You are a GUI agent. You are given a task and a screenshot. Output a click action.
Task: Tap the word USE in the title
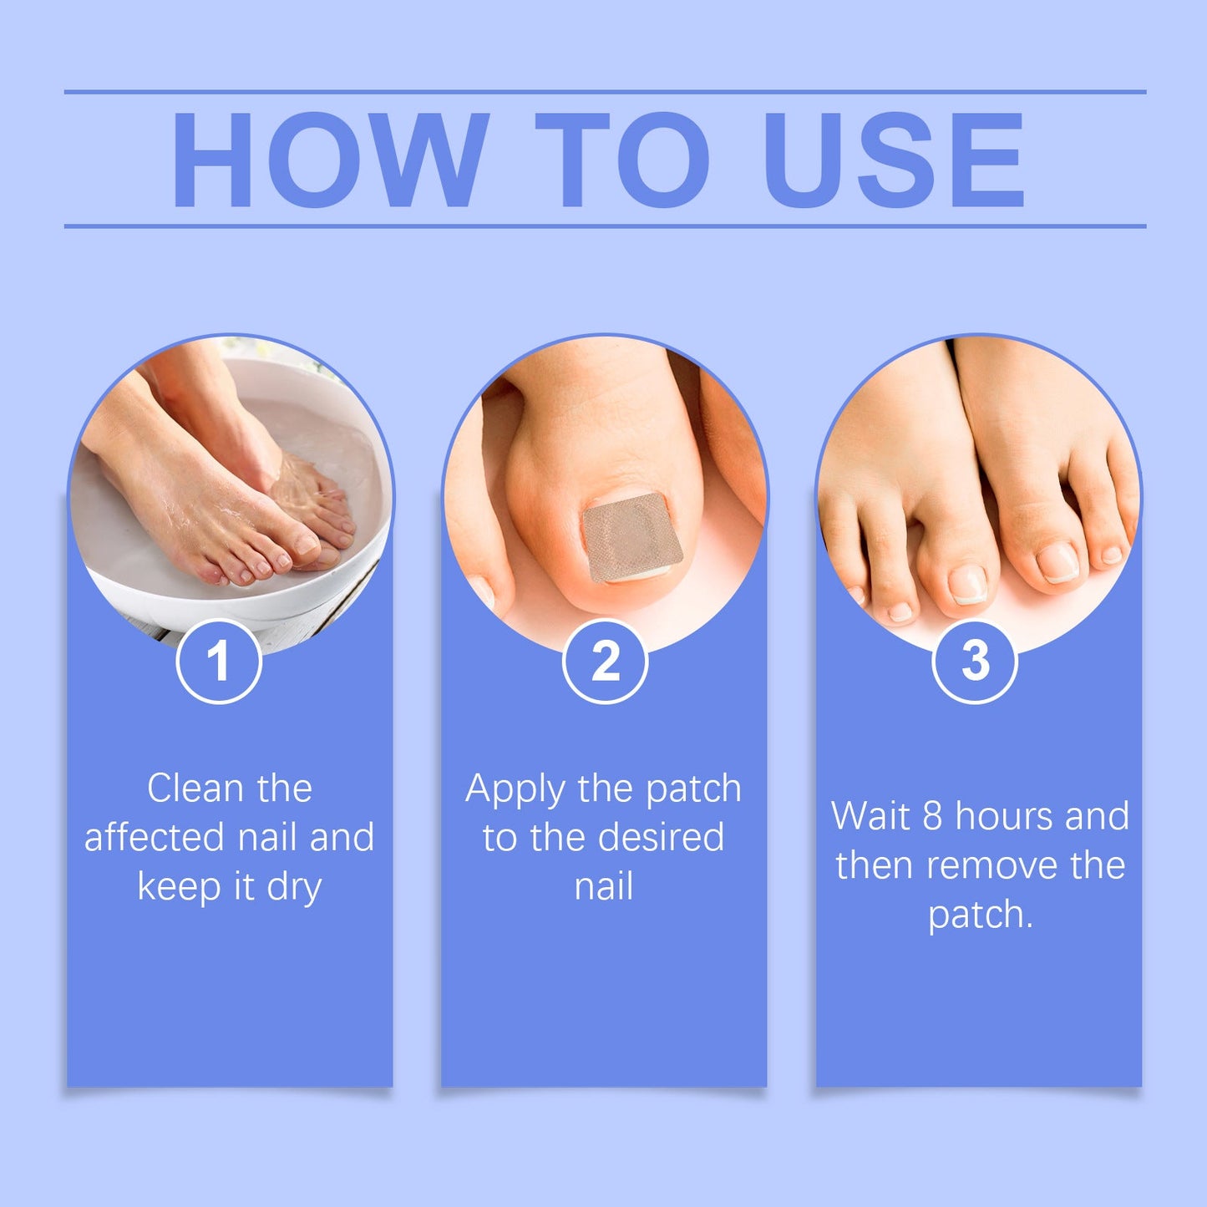coord(893,159)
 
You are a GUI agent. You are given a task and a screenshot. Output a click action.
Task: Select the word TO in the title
coord(621,159)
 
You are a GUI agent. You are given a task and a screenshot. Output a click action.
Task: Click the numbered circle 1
coord(219,661)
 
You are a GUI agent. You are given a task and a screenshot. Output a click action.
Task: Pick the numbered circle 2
coord(605,661)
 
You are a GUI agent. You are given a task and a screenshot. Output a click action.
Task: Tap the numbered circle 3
coord(974,661)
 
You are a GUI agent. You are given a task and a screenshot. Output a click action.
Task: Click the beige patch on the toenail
coord(631,537)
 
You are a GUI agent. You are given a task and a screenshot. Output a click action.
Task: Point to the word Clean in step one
coord(195,789)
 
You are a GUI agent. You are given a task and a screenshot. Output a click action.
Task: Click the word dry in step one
coord(294,887)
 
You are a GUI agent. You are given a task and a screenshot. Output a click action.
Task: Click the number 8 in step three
coord(932,816)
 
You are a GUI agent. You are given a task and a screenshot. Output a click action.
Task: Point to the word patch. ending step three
coord(980,915)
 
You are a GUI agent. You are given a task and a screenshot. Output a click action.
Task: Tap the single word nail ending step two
coord(604,886)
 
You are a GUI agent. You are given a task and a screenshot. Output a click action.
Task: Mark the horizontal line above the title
coord(605,92)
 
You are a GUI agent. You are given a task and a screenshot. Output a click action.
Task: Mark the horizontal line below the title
coord(605,226)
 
